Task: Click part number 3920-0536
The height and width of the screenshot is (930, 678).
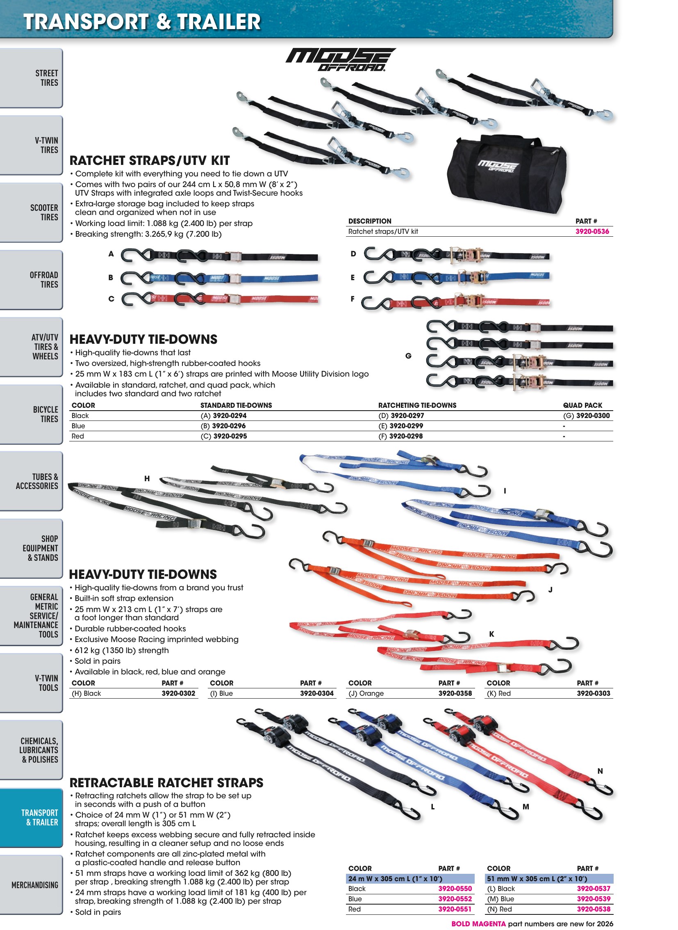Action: pyautogui.click(x=592, y=231)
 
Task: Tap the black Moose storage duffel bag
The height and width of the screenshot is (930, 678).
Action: pyautogui.click(x=506, y=173)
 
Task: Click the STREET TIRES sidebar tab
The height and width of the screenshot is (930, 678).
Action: pyautogui.click(x=31, y=78)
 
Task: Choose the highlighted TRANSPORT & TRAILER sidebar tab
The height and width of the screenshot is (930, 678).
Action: pyautogui.click(x=31, y=818)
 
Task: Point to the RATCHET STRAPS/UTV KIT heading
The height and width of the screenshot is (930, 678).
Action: pyautogui.click(x=149, y=160)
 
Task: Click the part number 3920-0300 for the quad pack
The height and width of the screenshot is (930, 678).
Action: pyautogui.click(x=593, y=416)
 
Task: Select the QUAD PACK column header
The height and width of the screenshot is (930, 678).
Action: pyautogui.click(x=582, y=405)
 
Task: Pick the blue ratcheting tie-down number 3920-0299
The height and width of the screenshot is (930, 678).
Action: pyautogui.click(x=406, y=426)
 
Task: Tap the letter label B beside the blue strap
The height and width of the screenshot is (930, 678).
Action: pyautogui.click(x=111, y=278)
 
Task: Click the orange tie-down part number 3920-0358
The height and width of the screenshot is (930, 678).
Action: pyautogui.click(x=455, y=693)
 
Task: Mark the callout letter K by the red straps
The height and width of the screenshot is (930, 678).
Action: pyautogui.click(x=491, y=634)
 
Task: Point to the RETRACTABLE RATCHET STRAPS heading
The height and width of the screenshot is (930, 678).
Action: pyautogui.click(x=166, y=783)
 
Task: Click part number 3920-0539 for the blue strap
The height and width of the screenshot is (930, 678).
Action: pyautogui.click(x=594, y=899)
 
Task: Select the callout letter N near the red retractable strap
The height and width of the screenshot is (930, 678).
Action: pyautogui.click(x=600, y=771)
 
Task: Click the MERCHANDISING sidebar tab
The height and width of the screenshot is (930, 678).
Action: pyautogui.click(x=31, y=885)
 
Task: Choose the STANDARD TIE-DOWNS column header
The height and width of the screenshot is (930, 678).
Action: pyautogui.click(x=236, y=405)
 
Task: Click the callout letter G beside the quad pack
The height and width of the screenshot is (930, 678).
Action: pyautogui.click(x=408, y=356)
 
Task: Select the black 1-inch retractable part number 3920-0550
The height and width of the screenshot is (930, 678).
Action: pyautogui.click(x=455, y=889)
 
